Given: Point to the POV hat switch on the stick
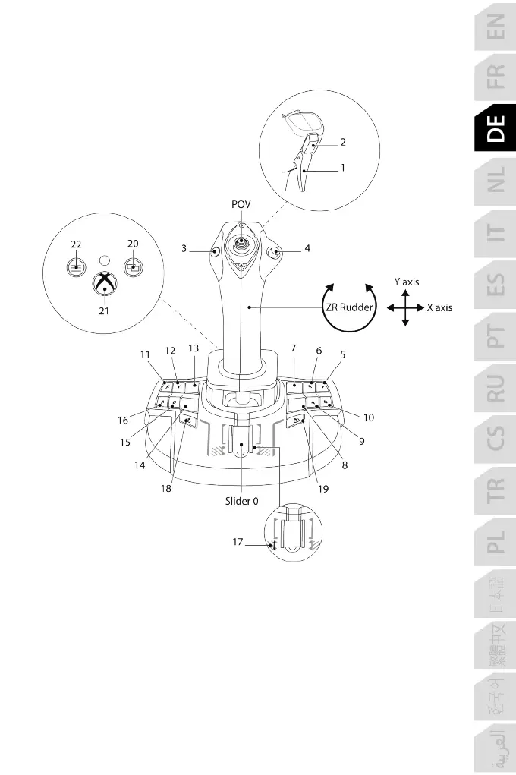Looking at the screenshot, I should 241,244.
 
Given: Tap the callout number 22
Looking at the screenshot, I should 76,244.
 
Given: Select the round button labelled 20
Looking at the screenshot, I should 133,267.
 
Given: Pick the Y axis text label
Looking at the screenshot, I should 407,282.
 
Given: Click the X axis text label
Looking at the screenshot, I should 439,307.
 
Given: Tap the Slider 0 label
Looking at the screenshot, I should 242,501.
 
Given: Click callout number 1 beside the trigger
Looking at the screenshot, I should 343,169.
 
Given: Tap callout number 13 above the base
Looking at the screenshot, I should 193,347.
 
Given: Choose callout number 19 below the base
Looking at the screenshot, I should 323,489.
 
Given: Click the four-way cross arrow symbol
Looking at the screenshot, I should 405,307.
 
